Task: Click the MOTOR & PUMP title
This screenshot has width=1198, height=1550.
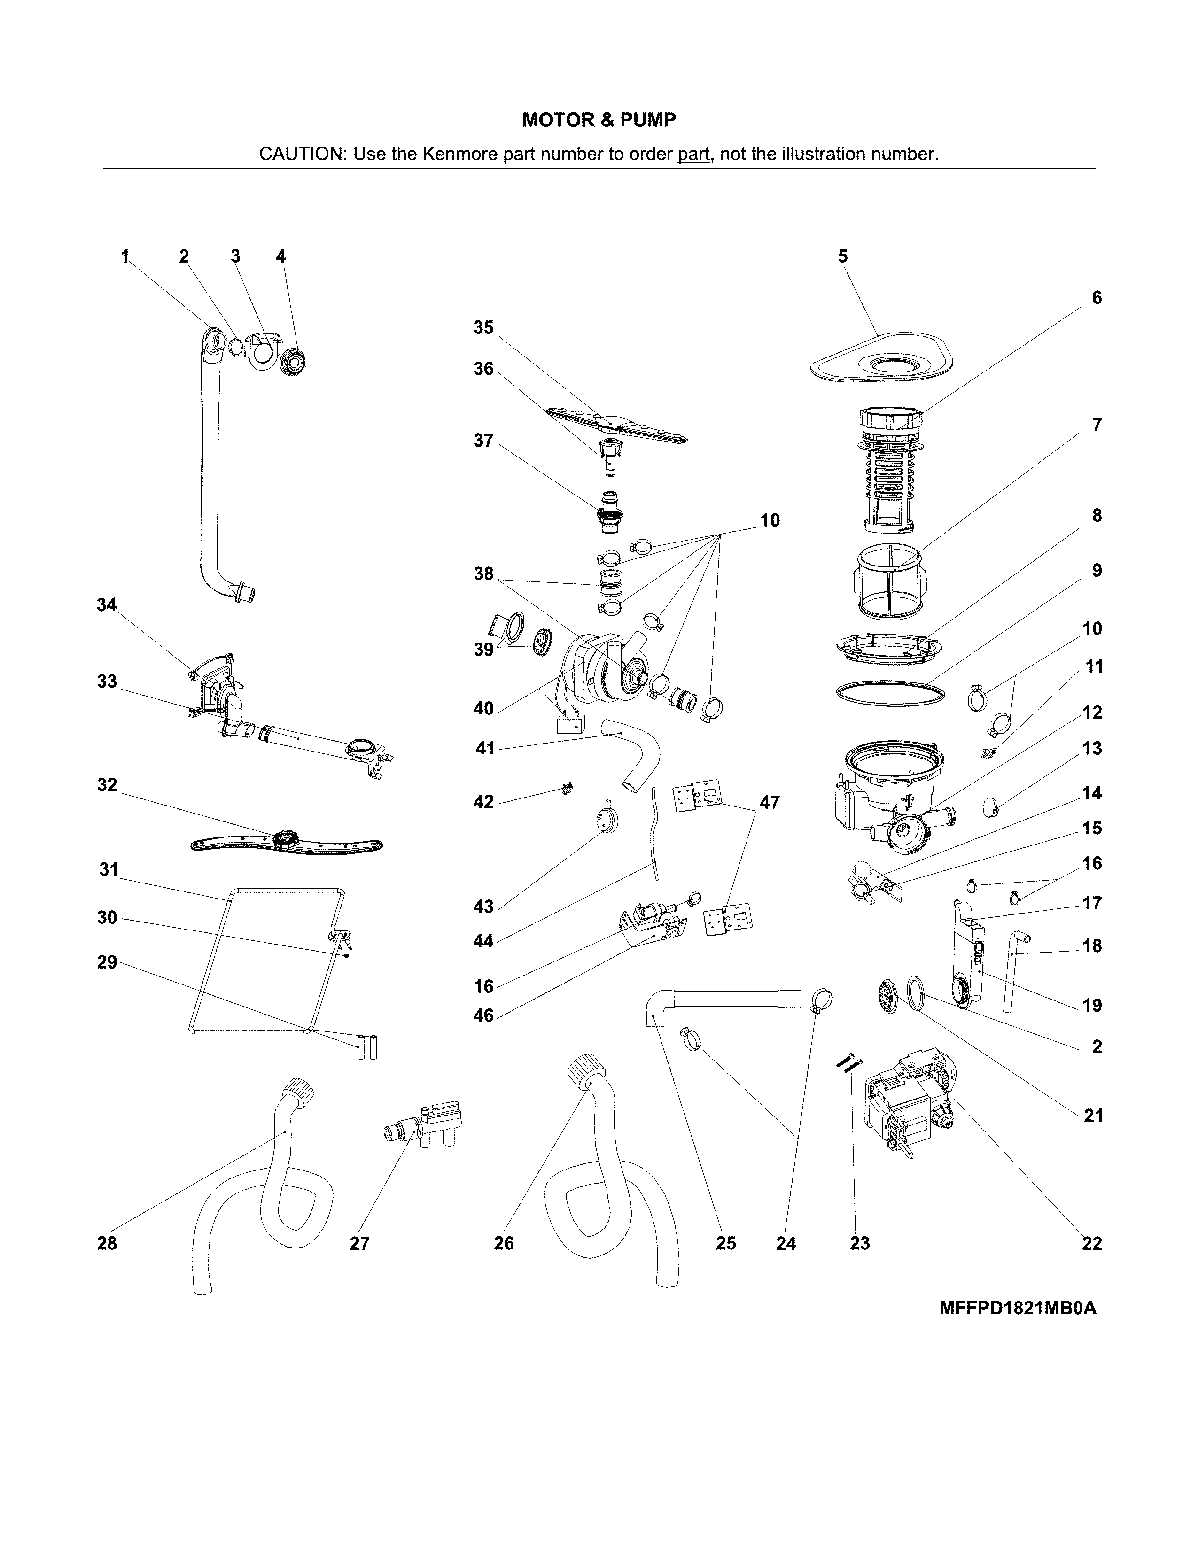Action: [x=599, y=120]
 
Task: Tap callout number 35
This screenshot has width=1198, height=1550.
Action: [x=483, y=327]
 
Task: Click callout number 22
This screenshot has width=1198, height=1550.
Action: [x=1091, y=1243]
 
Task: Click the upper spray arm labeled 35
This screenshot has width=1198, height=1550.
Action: [x=617, y=426]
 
